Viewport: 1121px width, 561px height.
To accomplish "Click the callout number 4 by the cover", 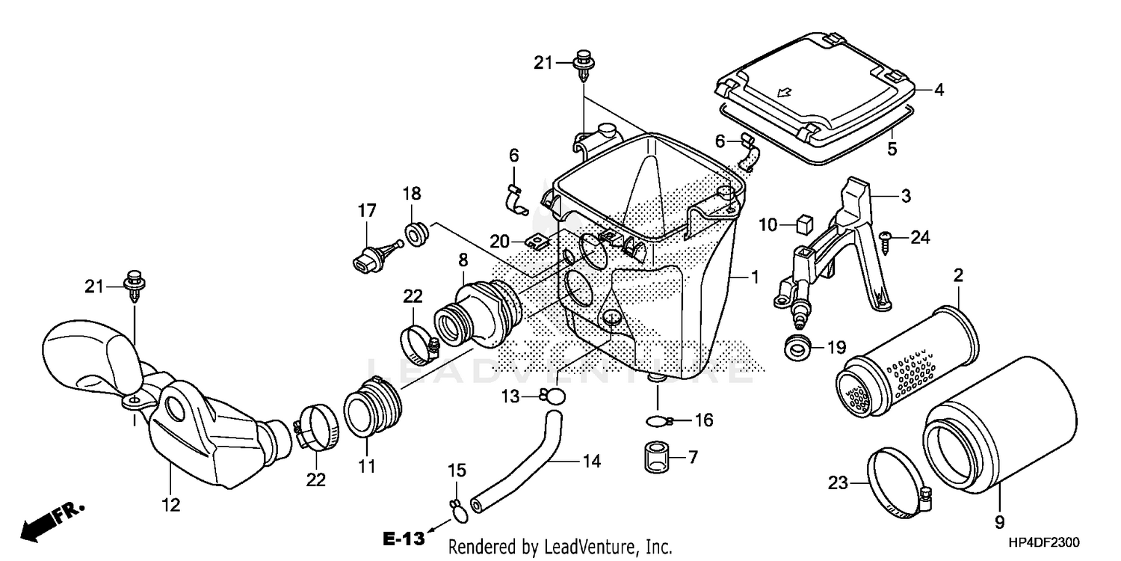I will pyautogui.click(x=939, y=90).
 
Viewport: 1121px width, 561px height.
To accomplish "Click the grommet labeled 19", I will pyautogui.click(x=797, y=348).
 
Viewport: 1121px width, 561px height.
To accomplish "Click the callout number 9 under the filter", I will pyautogui.click(x=999, y=521).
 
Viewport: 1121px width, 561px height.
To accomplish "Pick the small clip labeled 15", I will pyautogui.click(x=457, y=509).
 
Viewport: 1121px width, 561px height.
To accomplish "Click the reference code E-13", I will pyautogui.click(x=404, y=537).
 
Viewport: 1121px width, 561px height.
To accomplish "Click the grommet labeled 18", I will pyautogui.click(x=415, y=234).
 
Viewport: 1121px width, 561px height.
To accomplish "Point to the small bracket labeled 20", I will pyautogui.click(x=537, y=241).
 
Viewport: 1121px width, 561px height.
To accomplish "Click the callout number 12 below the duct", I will pyautogui.click(x=171, y=505).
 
